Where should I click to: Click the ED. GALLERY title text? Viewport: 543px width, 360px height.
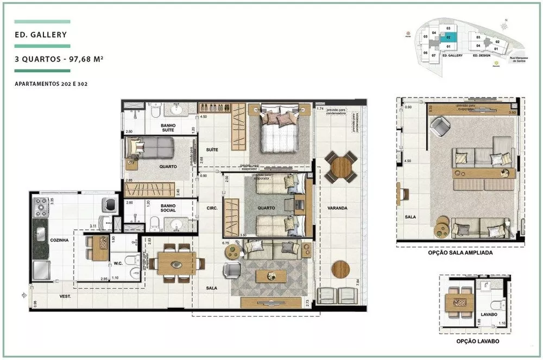click(x=41, y=35)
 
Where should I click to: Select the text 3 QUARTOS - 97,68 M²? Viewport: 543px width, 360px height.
click(x=53, y=60)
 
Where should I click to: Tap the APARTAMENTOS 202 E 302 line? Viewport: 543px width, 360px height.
click(x=52, y=84)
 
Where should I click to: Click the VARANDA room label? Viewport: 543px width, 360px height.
click(x=337, y=208)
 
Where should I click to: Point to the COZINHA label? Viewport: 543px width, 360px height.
click(x=59, y=239)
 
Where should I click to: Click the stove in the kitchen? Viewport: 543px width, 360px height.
click(x=41, y=207)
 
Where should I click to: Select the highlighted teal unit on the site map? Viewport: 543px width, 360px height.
click(x=448, y=38)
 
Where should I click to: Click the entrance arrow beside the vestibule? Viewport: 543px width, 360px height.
click(x=23, y=295)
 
